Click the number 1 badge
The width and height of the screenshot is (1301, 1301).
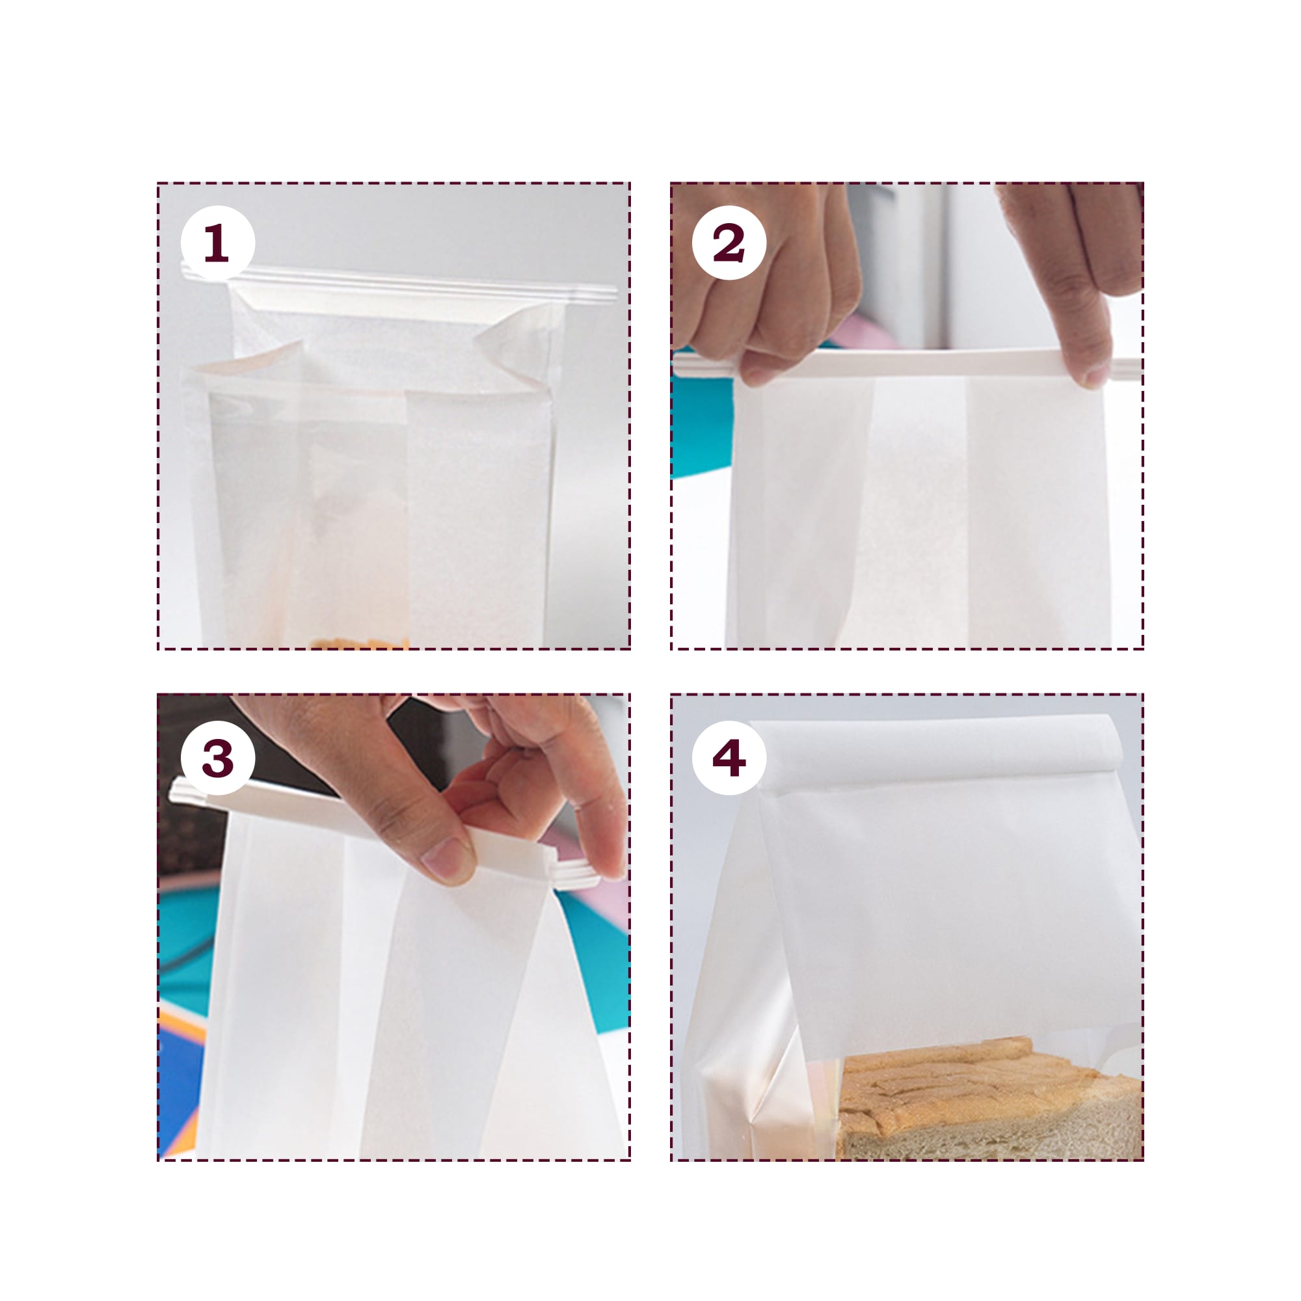217,243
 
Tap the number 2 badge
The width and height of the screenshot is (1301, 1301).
729,243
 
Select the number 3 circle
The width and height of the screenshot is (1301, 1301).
217,758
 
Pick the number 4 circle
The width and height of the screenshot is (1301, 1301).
729,758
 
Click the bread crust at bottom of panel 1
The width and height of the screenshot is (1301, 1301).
360,643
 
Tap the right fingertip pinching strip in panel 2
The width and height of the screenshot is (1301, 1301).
1094,370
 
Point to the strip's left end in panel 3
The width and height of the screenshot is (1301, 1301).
185,791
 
